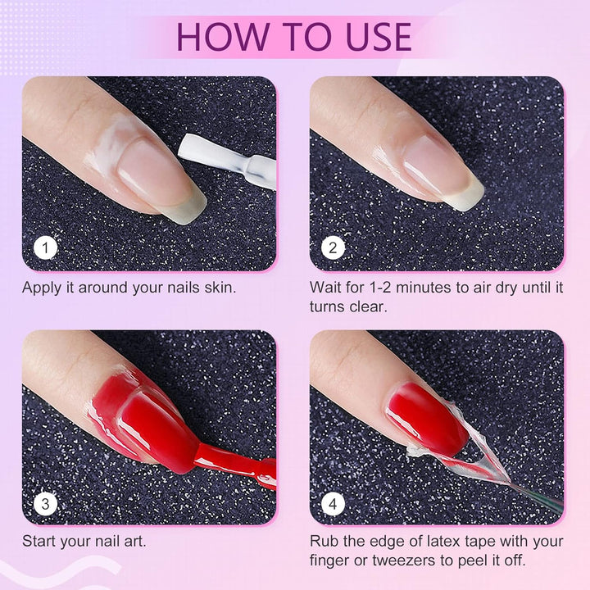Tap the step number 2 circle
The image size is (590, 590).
tap(333, 247)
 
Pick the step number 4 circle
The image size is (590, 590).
tap(333, 502)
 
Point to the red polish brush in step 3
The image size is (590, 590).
tap(238, 467)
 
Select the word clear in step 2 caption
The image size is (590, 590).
tap(365, 306)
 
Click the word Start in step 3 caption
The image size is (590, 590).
tap(39, 542)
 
